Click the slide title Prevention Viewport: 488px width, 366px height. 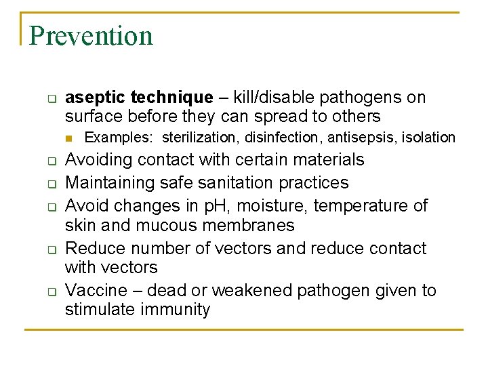[91, 35]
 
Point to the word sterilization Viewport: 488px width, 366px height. [200, 138]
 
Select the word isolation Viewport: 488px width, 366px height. [428, 138]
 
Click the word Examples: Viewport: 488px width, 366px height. [119, 138]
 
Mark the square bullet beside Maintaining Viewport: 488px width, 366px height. [50, 184]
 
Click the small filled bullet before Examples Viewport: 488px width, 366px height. [69, 138]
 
